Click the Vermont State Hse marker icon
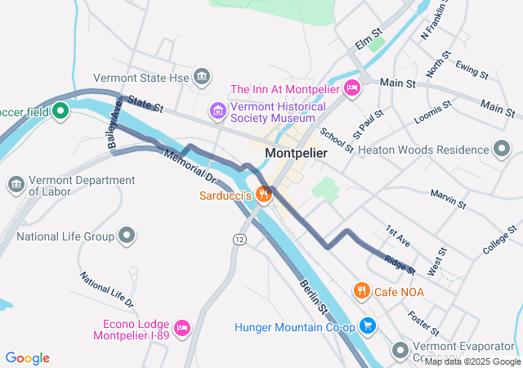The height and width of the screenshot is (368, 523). pos(202,79)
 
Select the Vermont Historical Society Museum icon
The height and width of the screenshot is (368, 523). pos(217,110)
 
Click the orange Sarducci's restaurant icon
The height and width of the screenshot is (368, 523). pos(263,195)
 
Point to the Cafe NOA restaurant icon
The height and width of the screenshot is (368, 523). pos(361,290)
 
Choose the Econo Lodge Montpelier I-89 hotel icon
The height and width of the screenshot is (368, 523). pos(183,328)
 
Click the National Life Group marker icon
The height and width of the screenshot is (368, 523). pos(126,236)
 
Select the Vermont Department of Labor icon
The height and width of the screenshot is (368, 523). pos(16,185)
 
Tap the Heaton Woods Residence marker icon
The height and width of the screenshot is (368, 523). pos(502,149)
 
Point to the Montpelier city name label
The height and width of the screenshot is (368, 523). pos(296,153)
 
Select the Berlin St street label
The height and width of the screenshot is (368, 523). pos(313,296)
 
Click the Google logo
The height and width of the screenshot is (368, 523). pos(28,357)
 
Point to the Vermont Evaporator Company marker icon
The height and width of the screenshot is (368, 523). pos(400,351)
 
